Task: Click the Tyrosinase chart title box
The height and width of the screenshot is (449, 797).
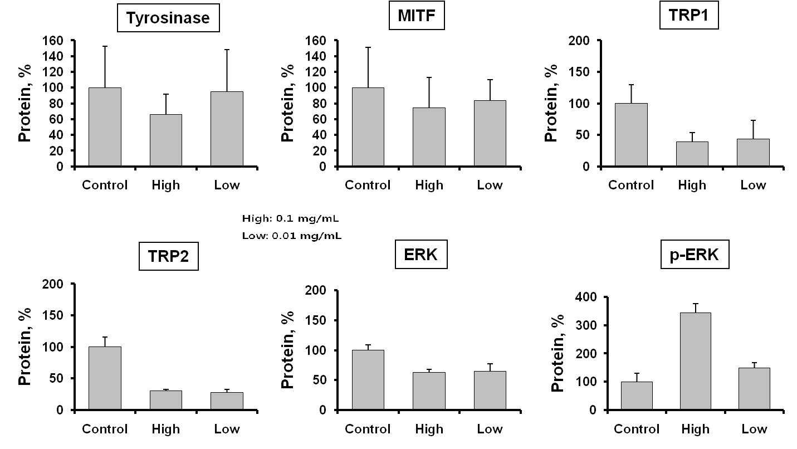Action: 168,18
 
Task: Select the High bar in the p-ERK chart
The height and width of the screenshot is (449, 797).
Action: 695,361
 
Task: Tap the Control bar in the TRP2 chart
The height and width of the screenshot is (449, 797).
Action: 105,378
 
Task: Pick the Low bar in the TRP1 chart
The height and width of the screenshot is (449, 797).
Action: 753,152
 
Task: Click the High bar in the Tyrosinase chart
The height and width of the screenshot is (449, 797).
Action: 166,140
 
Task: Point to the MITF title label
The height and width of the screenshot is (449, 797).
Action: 417,15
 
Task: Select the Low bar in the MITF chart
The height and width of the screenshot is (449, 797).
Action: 490,134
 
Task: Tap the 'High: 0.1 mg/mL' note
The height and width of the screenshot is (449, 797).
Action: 290,218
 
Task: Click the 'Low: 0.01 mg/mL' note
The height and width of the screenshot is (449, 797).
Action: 292,236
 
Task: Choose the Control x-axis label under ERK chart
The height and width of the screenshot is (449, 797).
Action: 368,429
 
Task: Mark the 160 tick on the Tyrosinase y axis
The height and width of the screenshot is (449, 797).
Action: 53,41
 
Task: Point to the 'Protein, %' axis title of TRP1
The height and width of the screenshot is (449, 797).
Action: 551,103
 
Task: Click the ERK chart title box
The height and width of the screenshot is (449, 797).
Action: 421,255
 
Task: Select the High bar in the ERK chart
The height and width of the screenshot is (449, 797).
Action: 429,391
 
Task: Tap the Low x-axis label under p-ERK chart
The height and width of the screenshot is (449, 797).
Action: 754,429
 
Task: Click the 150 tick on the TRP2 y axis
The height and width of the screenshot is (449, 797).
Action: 53,315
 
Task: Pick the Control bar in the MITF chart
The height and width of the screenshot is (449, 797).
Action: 368,127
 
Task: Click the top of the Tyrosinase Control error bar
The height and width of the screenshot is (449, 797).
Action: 105,46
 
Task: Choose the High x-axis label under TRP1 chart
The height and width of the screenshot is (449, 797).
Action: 692,185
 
